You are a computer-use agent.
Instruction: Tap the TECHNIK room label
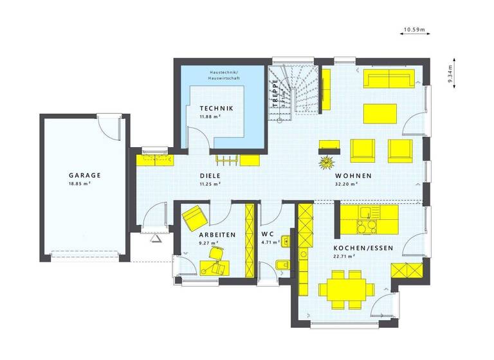click(x=215, y=109)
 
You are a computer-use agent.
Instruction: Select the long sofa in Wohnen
click(x=390, y=80)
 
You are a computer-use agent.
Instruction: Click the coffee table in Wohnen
click(x=379, y=113)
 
